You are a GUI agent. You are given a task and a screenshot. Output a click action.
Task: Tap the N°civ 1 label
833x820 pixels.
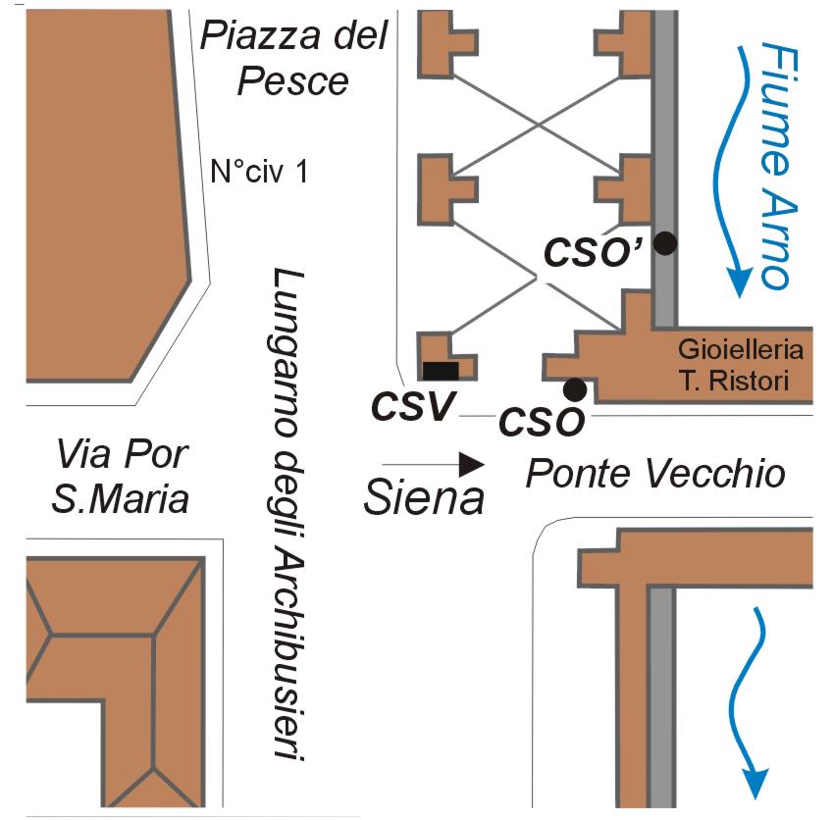260,173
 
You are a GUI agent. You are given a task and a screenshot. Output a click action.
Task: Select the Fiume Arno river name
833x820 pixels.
775,165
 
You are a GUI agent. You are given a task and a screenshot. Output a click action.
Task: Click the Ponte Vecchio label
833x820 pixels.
655,475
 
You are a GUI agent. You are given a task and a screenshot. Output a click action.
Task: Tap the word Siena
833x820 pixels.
424,498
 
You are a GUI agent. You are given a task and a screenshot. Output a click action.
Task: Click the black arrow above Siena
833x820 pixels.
433,462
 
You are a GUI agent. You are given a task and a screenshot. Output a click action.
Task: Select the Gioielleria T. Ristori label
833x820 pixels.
742,364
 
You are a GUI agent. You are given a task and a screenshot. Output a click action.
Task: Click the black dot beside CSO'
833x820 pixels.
666,244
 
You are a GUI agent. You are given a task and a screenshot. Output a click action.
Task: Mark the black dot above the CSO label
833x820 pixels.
575,389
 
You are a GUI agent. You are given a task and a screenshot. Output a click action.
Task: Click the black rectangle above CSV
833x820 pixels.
441,370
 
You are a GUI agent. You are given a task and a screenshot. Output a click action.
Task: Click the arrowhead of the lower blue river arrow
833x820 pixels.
755,783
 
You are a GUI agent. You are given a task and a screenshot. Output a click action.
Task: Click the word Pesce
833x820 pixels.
293,80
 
